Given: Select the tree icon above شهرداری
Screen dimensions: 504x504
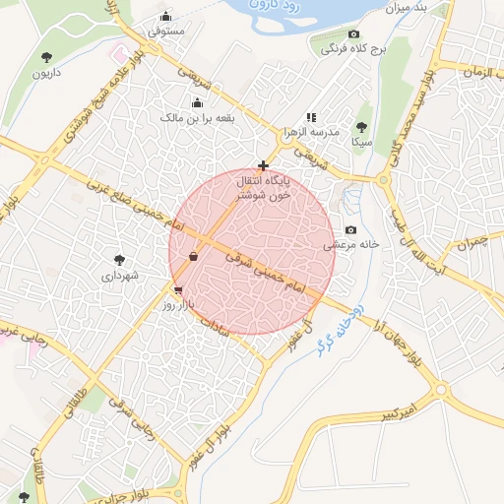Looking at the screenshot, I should (x=120, y=260).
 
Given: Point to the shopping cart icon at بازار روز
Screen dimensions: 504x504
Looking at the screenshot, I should (x=177, y=290).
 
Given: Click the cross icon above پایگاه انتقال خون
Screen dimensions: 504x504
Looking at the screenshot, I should (x=263, y=165).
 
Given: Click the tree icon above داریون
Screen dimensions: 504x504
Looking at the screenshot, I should (x=45, y=56).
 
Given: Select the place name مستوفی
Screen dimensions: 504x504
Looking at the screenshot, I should (x=166, y=31).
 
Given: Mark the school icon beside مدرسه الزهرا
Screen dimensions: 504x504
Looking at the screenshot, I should (x=311, y=117).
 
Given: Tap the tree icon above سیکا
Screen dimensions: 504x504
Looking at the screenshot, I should (x=361, y=127).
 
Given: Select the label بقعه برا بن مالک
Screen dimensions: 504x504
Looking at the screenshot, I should (x=199, y=118).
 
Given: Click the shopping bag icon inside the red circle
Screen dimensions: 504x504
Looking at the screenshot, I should (x=194, y=256).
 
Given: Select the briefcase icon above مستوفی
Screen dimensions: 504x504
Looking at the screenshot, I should (x=166, y=16).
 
